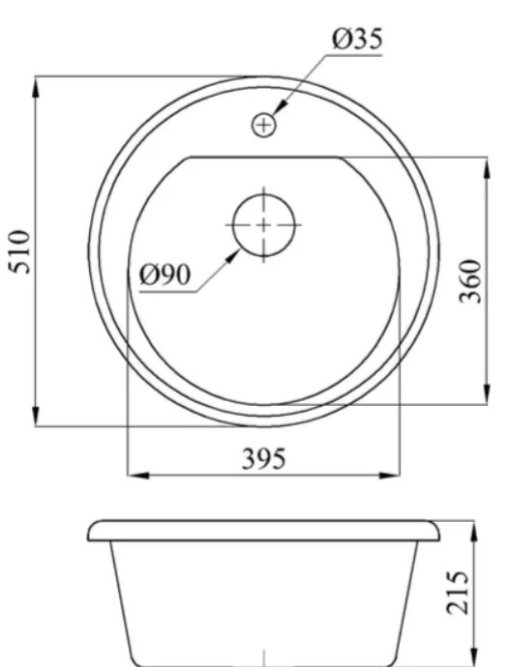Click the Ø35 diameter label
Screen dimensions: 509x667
(x=357, y=39)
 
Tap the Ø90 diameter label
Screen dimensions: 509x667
(x=165, y=275)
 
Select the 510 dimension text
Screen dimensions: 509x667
(x=21, y=252)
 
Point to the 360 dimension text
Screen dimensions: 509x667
(x=470, y=280)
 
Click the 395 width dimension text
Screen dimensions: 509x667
(x=263, y=459)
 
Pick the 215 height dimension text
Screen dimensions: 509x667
(x=458, y=593)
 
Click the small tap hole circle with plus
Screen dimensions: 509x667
(x=264, y=126)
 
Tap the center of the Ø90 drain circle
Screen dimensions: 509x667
(x=264, y=225)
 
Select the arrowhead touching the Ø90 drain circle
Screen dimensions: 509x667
(x=233, y=256)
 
